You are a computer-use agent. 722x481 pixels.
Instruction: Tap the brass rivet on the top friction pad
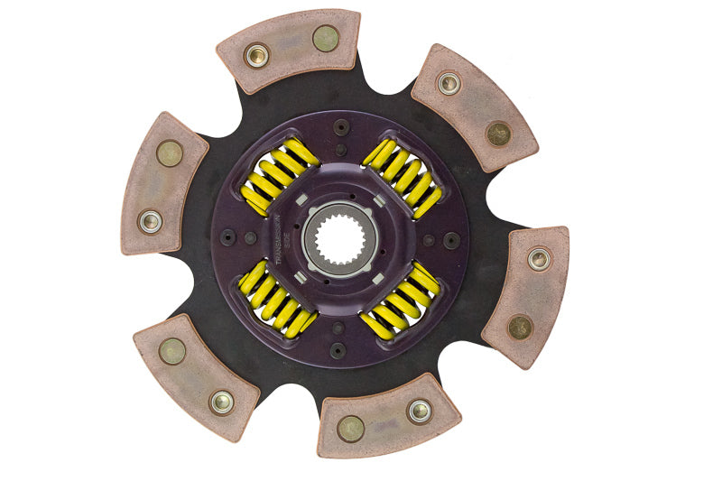point(325,38)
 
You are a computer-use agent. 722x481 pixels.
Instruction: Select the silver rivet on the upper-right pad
point(449,85)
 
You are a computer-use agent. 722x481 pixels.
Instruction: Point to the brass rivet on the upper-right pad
point(498,134)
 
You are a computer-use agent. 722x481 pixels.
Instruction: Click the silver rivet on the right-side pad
point(539,259)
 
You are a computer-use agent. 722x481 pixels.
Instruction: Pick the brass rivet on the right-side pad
point(520,327)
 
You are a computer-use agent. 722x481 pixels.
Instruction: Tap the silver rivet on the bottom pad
point(419,412)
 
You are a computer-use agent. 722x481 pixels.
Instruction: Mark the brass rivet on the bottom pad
point(351,429)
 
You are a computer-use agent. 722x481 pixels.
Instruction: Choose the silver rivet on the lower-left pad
point(222,402)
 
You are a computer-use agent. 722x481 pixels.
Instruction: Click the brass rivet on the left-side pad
point(170,153)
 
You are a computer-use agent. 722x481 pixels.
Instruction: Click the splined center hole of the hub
point(340,240)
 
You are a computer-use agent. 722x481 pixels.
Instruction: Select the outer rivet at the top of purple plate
point(341,127)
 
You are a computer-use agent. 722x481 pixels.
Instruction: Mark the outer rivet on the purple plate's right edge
point(451,241)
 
